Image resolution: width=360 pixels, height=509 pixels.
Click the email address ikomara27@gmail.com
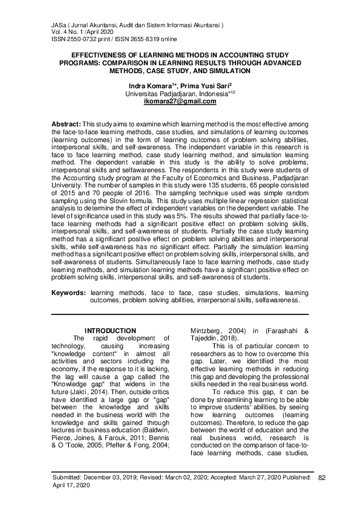[180, 102]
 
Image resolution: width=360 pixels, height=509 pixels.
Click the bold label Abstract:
[66, 124]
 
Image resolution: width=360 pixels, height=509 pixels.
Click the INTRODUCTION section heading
[110, 330]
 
